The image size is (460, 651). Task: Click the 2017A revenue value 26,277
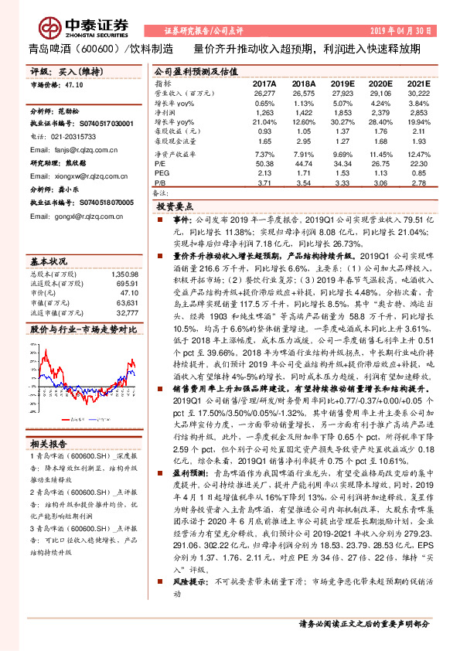pos(264,93)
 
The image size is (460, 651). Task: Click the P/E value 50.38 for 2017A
pos(264,164)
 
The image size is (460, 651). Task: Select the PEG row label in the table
pos(162,174)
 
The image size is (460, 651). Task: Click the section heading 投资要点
pos(174,207)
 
